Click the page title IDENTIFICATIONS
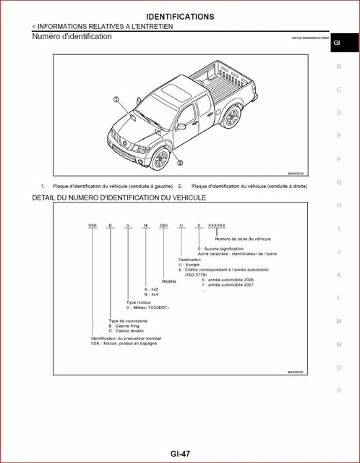[180, 16]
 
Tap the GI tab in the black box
[336, 43]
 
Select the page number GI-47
[181, 454]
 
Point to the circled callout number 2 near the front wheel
[179, 163]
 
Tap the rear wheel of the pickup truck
[233, 120]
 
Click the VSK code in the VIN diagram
[93, 226]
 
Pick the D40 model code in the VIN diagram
[163, 226]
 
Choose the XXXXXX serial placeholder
[216, 226]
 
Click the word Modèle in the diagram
[169, 281]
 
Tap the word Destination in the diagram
[190, 258]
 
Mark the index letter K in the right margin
[338, 275]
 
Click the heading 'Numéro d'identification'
[72, 36]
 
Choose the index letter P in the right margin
[338, 391]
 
